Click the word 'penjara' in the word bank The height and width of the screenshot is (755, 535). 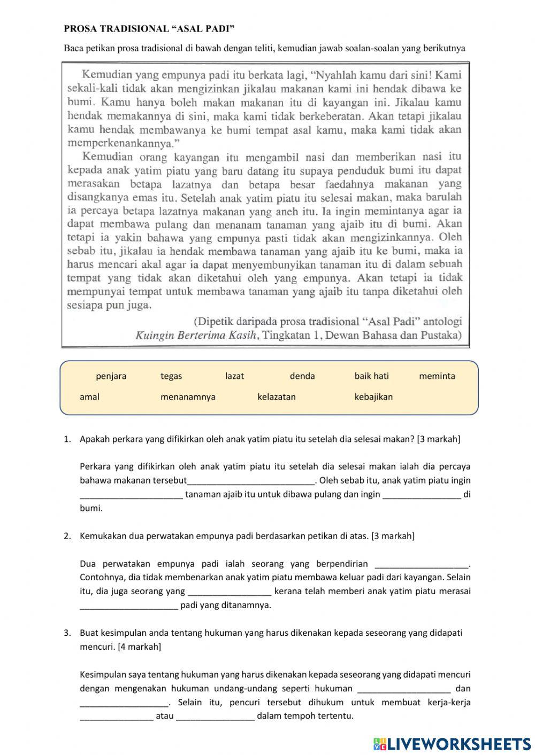pyautogui.click(x=111, y=376)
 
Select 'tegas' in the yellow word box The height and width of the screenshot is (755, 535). pyautogui.click(x=171, y=376)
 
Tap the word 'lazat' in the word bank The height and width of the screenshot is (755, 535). pyautogui.click(x=234, y=376)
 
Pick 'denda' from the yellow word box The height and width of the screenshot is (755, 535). pyautogui.click(x=302, y=376)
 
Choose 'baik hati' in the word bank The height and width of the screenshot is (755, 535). pyautogui.click(x=372, y=376)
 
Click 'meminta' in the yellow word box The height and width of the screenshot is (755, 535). pyautogui.click(x=437, y=376)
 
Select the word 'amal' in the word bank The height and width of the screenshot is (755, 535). pyautogui.click(x=89, y=397)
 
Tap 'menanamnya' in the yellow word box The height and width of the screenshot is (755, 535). pyautogui.click(x=188, y=397)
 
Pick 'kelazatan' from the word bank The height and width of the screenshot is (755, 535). pyautogui.click(x=277, y=397)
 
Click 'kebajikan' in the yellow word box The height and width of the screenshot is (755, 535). pyautogui.click(x=373, y=397)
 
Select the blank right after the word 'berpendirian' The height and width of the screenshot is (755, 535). pyautogui.click(x=422, y=564)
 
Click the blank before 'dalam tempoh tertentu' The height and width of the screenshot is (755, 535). pyautogui.click(x=215, y=717)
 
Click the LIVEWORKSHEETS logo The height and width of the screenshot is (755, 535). pyautogui.click(x=452, y=743)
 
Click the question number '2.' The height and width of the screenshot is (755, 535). pyautogui.click(x=67, y=536)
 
